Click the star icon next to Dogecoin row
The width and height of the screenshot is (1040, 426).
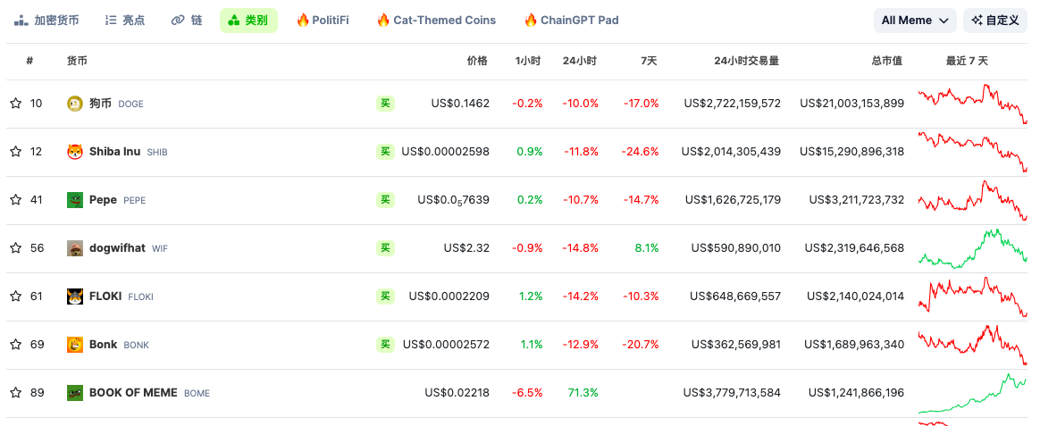(x=15, y=104)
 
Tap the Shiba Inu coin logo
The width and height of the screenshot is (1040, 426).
(x=75, y=152)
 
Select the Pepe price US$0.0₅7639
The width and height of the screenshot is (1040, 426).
(x=453, y=200)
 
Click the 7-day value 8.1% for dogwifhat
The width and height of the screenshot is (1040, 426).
(x=647, y=248)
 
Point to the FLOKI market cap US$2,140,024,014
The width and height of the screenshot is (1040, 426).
(x=855, y=297)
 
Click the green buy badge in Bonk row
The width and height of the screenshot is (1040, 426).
(x=385, y=345)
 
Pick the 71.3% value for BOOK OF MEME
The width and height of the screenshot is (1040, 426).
(x=583, y=393)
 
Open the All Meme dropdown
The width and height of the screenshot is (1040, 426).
(x=915, y=21)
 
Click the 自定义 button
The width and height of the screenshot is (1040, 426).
(x=995, y=21)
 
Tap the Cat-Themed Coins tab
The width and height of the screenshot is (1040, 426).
(x=436, y=21)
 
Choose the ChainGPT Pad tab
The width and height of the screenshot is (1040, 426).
(x=571, y=21)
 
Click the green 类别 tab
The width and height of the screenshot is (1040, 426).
(x=248, y=21)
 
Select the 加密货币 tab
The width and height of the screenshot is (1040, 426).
(x=46, y=21)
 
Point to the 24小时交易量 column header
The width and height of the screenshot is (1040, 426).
(x=746, y=62)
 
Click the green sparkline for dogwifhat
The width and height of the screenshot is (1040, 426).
(x=972, y=248)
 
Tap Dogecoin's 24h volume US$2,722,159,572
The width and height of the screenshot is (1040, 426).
(x=732, y=104)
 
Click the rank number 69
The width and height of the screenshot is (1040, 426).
(x=37, y=345)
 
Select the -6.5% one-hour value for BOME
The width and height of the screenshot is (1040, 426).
(x=527, y=393)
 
